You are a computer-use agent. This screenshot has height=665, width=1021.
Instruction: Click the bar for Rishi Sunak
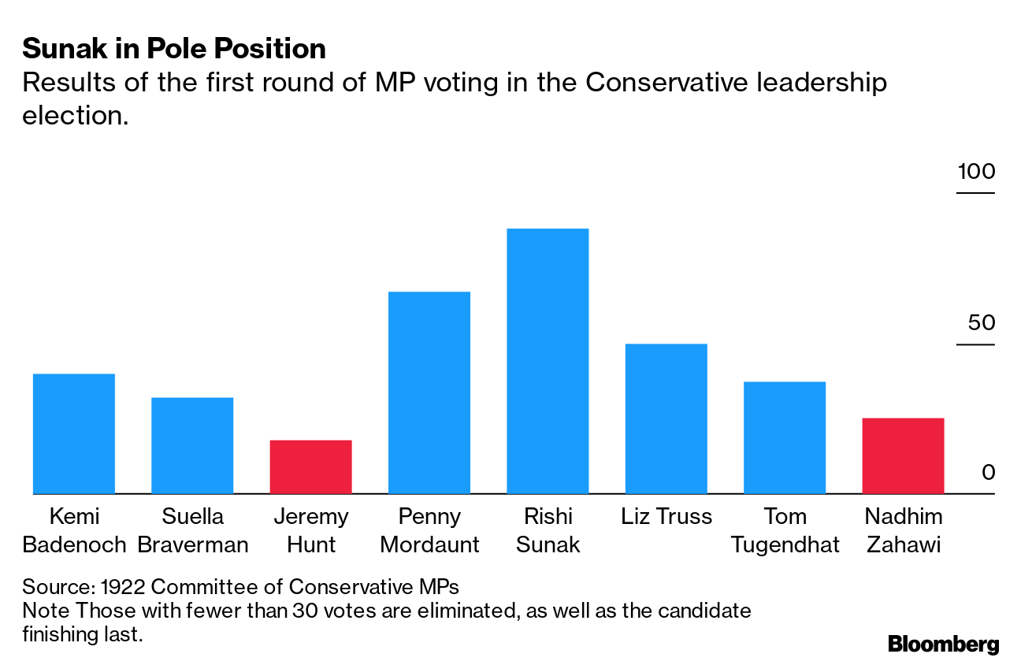tap(548, 361)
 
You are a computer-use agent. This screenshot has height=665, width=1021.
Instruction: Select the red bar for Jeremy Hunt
tap(310, 466)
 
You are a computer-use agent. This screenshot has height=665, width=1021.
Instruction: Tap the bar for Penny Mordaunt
tap(429, 392)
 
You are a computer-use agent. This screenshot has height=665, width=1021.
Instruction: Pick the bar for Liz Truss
tap(666, 418)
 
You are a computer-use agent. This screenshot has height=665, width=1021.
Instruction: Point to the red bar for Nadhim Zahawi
tap(903, 455)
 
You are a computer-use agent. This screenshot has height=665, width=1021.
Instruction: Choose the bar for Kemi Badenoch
tap(74, 433)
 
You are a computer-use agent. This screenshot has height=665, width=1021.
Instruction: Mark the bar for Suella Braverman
tap(192, 445)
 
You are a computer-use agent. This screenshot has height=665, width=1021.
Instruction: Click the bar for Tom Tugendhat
tap(785, 437)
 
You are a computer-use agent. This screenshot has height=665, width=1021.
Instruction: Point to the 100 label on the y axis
tap(976, 172)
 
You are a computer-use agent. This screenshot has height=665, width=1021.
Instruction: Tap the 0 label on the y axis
tap(989, 473)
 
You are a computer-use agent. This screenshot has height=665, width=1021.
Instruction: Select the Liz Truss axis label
tap(666, 517)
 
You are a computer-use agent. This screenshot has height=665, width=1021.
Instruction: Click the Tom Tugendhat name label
tap(785, 530)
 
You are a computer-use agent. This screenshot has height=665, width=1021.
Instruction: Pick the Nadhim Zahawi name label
tap(903, 530)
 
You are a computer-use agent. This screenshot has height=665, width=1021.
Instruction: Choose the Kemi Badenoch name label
tap(74, 530)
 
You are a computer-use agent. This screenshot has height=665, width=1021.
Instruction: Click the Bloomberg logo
tap(943, 644)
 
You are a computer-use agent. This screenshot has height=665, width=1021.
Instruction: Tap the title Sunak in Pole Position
tap(174, 49)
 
